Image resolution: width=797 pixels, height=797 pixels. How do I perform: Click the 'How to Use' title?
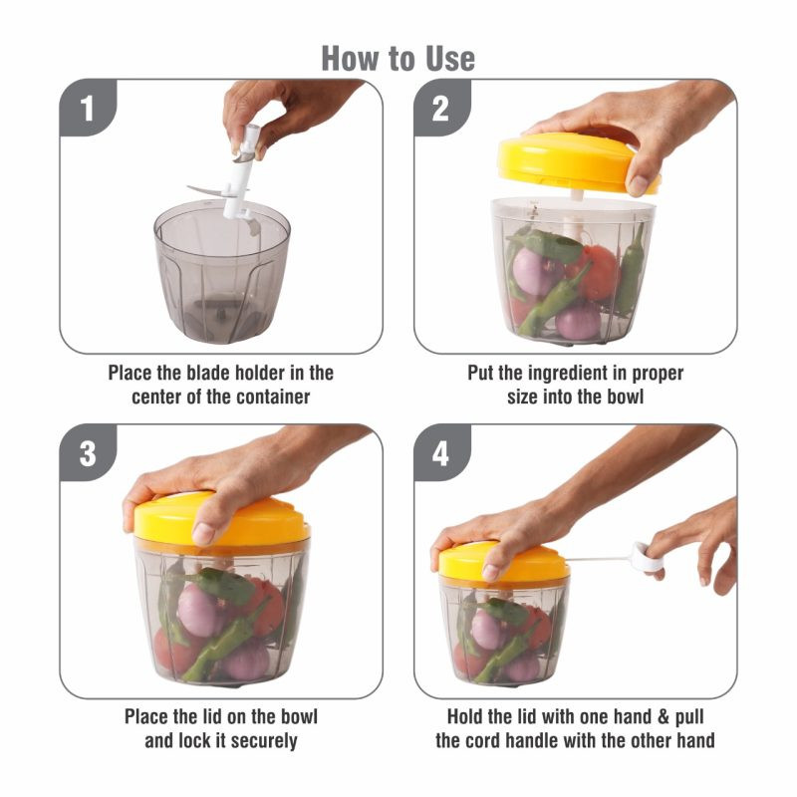[x=398, y=59]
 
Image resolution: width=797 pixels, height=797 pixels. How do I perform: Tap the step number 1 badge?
[x=88, y=108]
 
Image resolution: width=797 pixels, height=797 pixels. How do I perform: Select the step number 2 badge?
[x=441, y=108]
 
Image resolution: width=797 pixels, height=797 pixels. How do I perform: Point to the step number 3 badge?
[x=88, y=453]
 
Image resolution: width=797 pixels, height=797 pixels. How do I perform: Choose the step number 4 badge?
[x=441, y=453]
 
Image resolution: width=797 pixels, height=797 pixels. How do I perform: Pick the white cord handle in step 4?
[x=646, y=558]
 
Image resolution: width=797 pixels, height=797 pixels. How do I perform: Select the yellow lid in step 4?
[x=503, y=563]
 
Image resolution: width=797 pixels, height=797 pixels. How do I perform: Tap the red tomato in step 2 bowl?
[x=596, y=272]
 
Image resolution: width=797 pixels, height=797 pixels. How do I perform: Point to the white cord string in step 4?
[x=600, y=559]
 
